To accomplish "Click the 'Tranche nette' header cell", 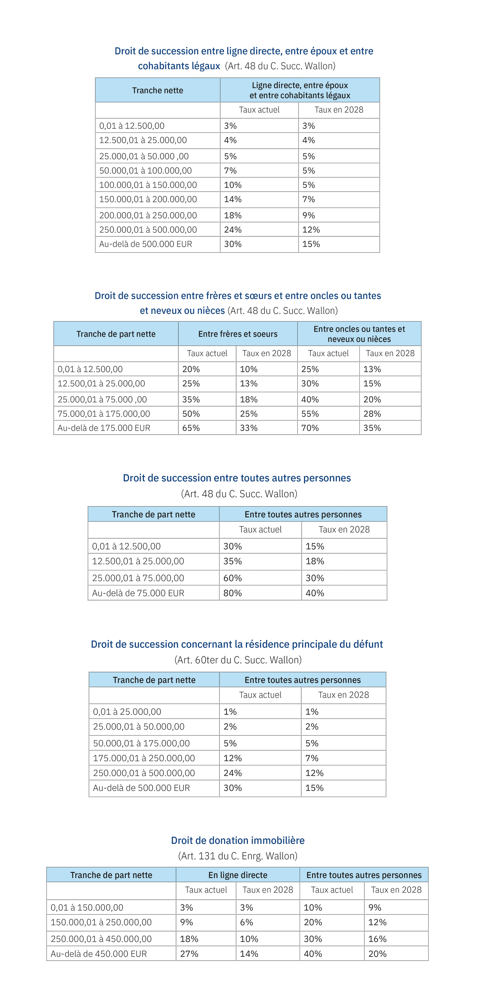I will pos(158,90).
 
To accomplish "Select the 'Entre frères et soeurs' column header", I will pos(237,334).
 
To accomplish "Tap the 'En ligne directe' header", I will pos(237,875).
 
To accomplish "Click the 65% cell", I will pos(191,428).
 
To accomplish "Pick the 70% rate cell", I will pos(310,428).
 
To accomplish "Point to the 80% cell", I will pos(232,593).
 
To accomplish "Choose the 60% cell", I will pos(232,578).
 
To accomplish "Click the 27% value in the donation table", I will pos(189,954).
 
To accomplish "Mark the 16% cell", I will pos(377,939).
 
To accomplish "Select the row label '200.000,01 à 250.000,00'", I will pos(148,215).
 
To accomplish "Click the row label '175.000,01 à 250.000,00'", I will pos(144,758).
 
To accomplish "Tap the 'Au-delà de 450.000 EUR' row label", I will pos(99,954).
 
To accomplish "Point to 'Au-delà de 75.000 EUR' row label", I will pos(138,593).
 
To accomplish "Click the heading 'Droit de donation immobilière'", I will pos(237,840).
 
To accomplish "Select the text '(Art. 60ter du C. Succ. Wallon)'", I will pos(237,660).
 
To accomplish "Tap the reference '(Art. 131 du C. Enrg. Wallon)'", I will pos(237,856).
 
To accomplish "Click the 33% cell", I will pos(249,428).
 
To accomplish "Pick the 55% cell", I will pos(310,414).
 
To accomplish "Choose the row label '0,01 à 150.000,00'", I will pos(87,907).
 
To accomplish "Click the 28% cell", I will pos(372,414).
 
